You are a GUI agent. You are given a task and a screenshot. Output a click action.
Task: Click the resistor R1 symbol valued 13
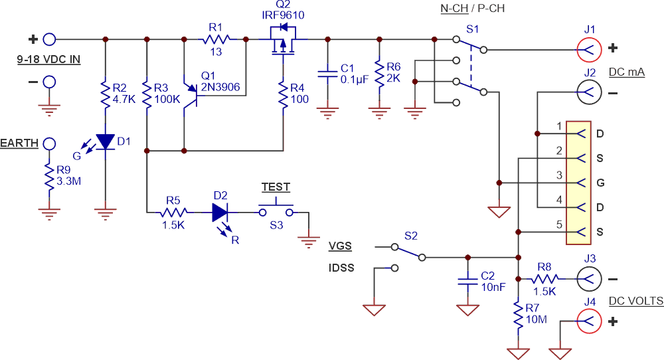(216, 39)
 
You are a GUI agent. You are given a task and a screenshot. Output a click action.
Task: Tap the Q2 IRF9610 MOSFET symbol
(284, 41)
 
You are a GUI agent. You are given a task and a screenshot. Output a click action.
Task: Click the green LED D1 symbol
(106, 141)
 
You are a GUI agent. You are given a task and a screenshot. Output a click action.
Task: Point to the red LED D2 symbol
(221, 213)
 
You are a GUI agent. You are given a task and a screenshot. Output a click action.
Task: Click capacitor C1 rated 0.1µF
(326, 73)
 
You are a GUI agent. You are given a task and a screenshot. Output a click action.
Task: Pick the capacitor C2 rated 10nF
(468, 281)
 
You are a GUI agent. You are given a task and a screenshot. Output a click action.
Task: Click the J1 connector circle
(590, 48)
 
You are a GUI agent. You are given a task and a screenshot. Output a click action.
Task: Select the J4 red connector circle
(590, 321)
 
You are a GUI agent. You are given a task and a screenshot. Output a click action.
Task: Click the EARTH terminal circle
(48, 143)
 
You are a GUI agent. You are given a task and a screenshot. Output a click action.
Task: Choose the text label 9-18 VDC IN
(48, 60)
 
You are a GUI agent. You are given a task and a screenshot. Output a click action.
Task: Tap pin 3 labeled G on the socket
(579, 182)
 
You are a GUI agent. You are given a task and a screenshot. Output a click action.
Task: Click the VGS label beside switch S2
(341, 246)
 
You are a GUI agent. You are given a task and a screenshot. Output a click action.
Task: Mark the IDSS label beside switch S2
(341, 268)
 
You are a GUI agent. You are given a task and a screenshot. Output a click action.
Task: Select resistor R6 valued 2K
(378, 73)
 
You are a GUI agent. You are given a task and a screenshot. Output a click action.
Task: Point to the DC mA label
(626, 72)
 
